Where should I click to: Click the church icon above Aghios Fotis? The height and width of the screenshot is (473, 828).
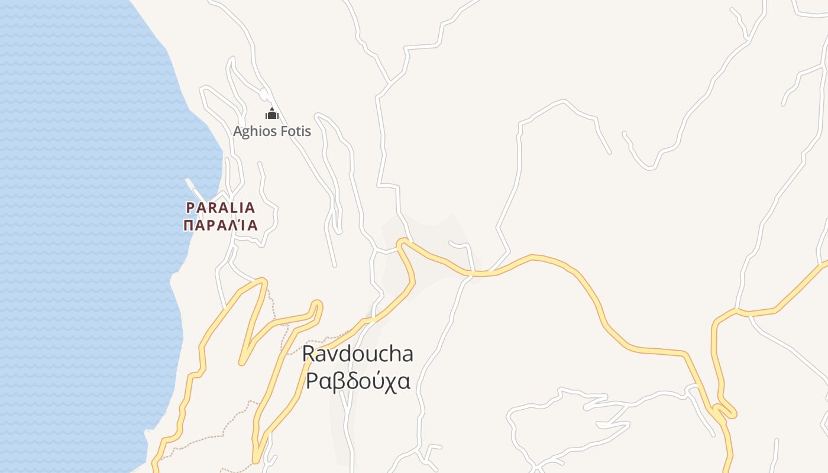[x=271, y=114]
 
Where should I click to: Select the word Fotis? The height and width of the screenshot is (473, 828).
[x=295, y=131]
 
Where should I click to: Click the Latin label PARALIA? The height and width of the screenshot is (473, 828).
[x=221, y=208]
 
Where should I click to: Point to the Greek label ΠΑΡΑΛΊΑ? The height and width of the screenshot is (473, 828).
[x=221, y=225]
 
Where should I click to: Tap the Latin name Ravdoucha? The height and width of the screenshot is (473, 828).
[x=357, y=354]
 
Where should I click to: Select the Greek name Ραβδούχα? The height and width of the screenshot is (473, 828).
[x=357, y=381]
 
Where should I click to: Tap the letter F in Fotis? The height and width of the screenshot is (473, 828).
[x=283, y=131]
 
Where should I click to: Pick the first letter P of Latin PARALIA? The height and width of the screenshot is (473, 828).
[x=190, y=208]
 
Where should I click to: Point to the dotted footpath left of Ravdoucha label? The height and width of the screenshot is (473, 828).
[x=285, y=337]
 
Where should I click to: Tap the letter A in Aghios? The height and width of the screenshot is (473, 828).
[x=237, y=131]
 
